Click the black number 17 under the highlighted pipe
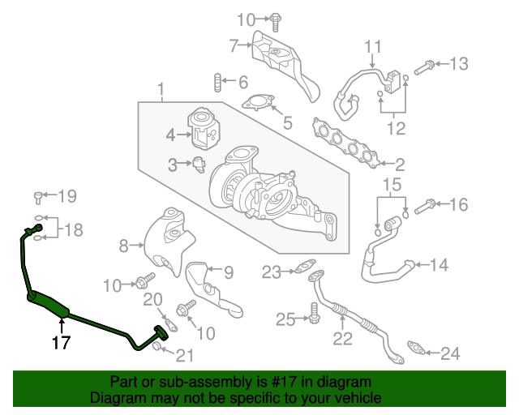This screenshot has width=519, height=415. point(61,342)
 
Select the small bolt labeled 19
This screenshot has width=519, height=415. point(38,196)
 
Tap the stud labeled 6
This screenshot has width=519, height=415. point(217,82)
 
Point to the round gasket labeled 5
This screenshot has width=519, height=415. point(258,103)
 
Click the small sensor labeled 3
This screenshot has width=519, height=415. point(199,165)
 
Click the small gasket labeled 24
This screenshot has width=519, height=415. point(416,349)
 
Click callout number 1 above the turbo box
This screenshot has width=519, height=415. point(161,88)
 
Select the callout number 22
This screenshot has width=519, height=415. point(343,337)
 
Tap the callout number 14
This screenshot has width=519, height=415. point(438,264)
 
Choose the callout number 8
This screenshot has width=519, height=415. point(124,245)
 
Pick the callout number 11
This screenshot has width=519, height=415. point(372,45)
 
